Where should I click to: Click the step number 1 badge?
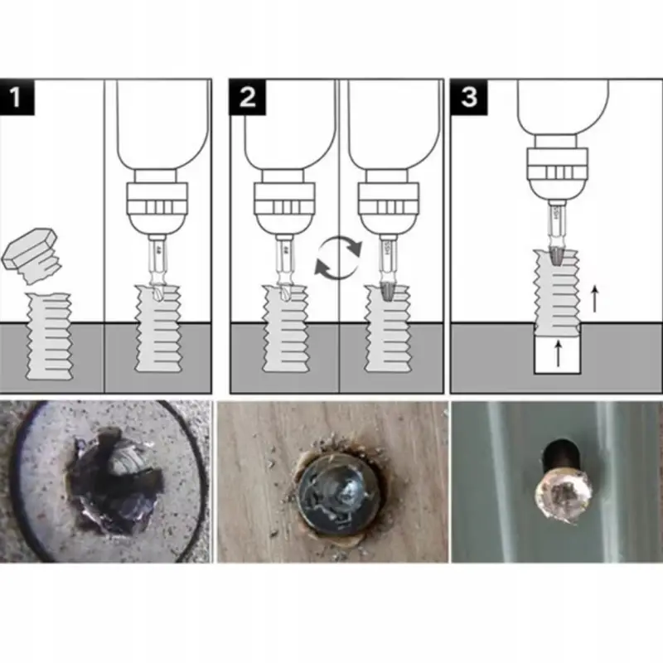18,97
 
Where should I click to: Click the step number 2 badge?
247,97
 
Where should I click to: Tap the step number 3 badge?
469,97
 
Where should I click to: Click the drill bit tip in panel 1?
155,293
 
